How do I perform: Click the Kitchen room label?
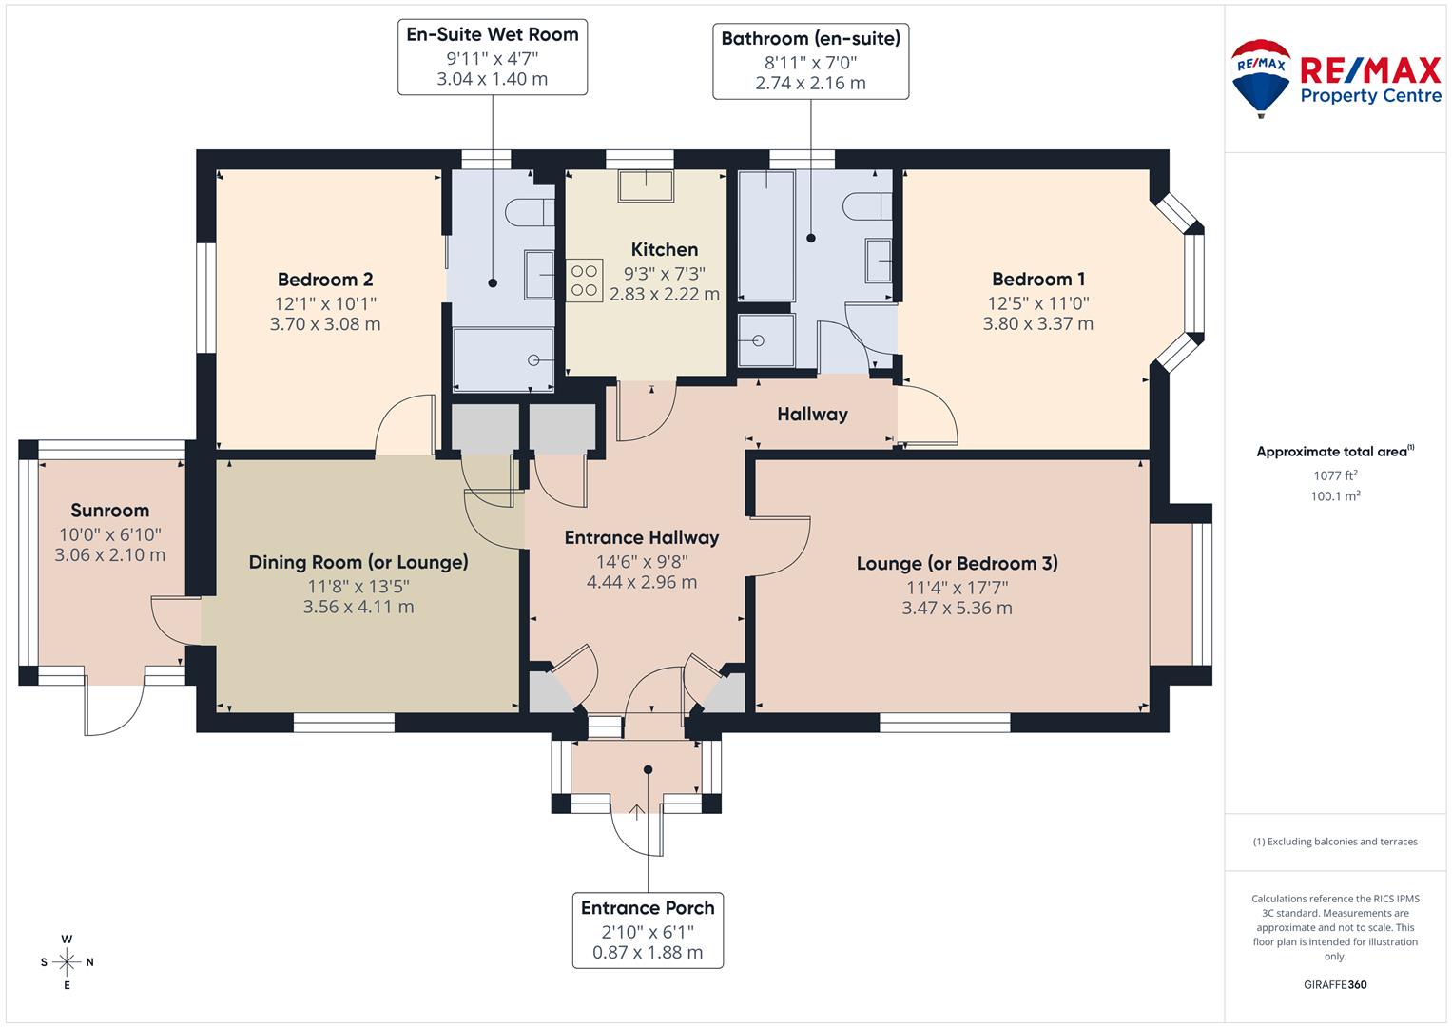pyautogui.click(x=665, y=249)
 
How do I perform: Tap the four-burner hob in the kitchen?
pyautogui.click(x=584, y=281)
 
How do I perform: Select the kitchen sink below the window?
pyautogui.click(x=646, y=186)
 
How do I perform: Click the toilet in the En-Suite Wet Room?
pyautogui.click(x=530, y=212)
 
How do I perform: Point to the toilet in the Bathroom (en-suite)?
pyautogui.click(x=868, y=206)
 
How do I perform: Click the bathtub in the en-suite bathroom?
pyautogui.click(x=766, y=236)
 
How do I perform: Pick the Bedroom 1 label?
pyautogui.click(x=1038, y=280)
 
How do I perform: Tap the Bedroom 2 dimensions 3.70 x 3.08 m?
pyautogui.click(x=325, y=324)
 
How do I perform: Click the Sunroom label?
pyautogui.click(x=110, y=511)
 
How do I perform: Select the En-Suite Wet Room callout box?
pyautogui.click(x=493, y=57)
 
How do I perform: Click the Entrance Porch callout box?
pyautogui.click(x=648, y=930)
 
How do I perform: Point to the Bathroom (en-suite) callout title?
pyautogui.click(x=811, y=39)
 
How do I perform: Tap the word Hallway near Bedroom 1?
pyautogui.click(x=812, y=415)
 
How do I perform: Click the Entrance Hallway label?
pyautogui.click(x=642, y=537)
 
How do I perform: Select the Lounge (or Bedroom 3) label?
pyautogui.click(x=958, y=563)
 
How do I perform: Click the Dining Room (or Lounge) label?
pyautogui.click(x=358, y=562)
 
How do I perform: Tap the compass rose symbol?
pyautogui.click(x=67, y=962)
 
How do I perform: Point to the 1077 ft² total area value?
pyautogui.click(x=1335, y=475)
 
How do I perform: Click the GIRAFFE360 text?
pyautogui.click(x=1335, y=984)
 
